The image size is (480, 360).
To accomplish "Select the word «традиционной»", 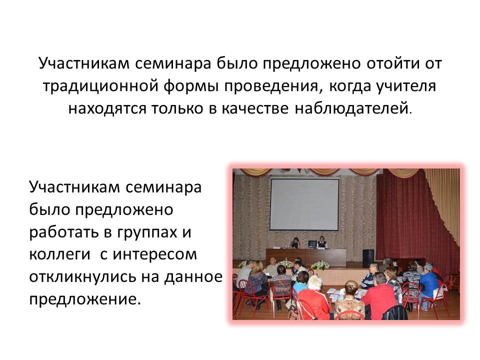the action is pos(99,86).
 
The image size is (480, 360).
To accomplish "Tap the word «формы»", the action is pos(190,86).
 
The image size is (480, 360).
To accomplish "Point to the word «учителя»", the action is pos(406,86).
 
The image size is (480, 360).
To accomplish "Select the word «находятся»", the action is pos(107,108).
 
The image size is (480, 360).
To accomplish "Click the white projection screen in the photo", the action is pos(304,204).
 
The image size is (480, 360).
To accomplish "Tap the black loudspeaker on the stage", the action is pos(368,258).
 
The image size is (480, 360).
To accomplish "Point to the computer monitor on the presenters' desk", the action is pos(312,244).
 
